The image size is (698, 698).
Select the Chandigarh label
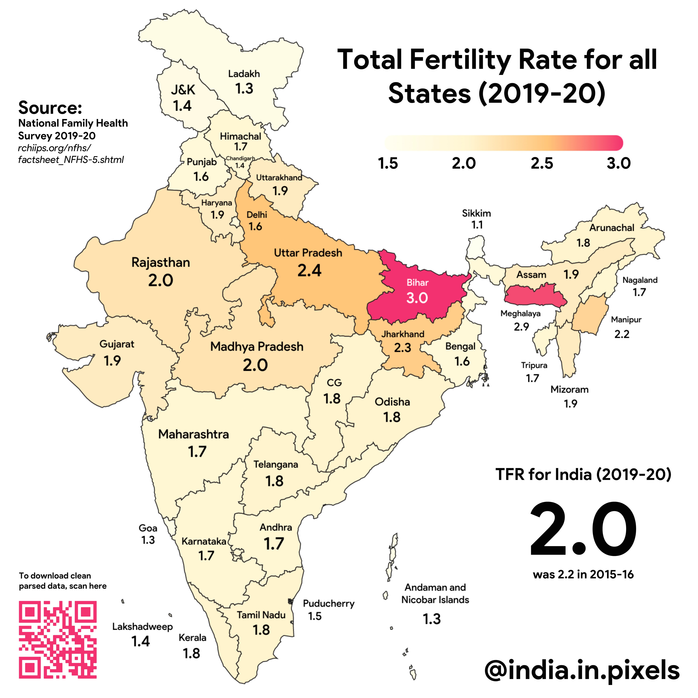(x=240, y=158)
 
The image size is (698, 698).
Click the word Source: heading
(x=50, y=108)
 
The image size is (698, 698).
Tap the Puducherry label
(x=328, y=603)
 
